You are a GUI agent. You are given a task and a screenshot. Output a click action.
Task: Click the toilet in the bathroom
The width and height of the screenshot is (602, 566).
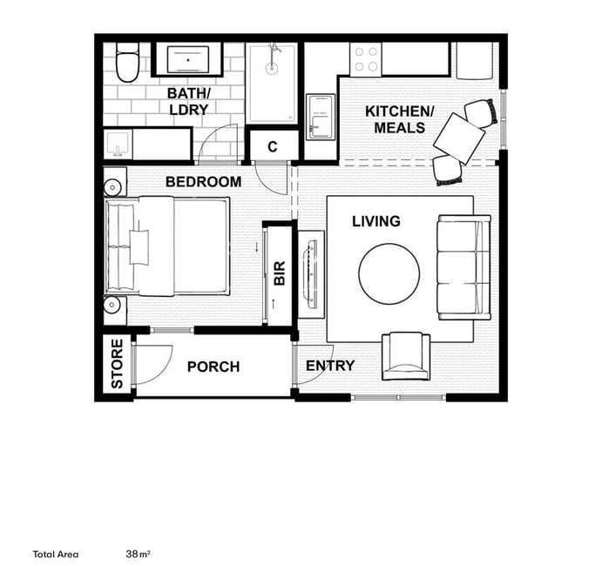point(127,63)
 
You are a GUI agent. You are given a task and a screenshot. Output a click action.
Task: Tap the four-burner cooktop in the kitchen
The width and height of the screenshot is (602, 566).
point(366,59)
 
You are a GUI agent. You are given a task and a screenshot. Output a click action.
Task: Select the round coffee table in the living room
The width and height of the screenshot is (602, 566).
point(389,273)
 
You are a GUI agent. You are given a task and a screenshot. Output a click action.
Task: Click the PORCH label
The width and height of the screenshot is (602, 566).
point(213,367)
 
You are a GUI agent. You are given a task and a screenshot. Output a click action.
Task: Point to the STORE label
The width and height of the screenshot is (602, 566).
point(117,363)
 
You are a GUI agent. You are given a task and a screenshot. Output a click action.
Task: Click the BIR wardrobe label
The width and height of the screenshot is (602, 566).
point(280,273)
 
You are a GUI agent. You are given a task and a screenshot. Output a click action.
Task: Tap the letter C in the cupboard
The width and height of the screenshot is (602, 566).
point(272,146)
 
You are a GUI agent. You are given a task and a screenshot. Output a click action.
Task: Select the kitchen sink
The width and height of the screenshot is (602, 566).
point(321,117)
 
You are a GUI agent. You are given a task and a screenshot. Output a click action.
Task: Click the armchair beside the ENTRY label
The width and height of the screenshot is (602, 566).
point(405,356)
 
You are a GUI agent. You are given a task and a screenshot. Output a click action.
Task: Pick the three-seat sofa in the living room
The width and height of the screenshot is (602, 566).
point(463,267)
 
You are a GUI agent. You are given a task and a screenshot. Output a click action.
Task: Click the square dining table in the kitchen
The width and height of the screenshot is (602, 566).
point(459,138)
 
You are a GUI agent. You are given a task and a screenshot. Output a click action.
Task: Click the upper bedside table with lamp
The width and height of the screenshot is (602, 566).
point(115,182)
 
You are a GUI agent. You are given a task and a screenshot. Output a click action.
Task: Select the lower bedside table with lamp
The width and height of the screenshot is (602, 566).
point(115,310)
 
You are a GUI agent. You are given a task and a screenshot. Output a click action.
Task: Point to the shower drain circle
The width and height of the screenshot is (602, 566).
point(272,68)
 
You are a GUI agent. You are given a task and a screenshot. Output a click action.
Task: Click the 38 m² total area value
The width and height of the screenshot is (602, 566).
point(138,554)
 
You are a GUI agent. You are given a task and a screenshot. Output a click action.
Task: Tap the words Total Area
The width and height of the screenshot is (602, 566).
point(56,554)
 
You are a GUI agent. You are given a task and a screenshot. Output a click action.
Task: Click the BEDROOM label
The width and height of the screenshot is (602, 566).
point(204,182)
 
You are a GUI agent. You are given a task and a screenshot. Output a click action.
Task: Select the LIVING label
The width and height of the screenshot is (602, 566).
point(376,221)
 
